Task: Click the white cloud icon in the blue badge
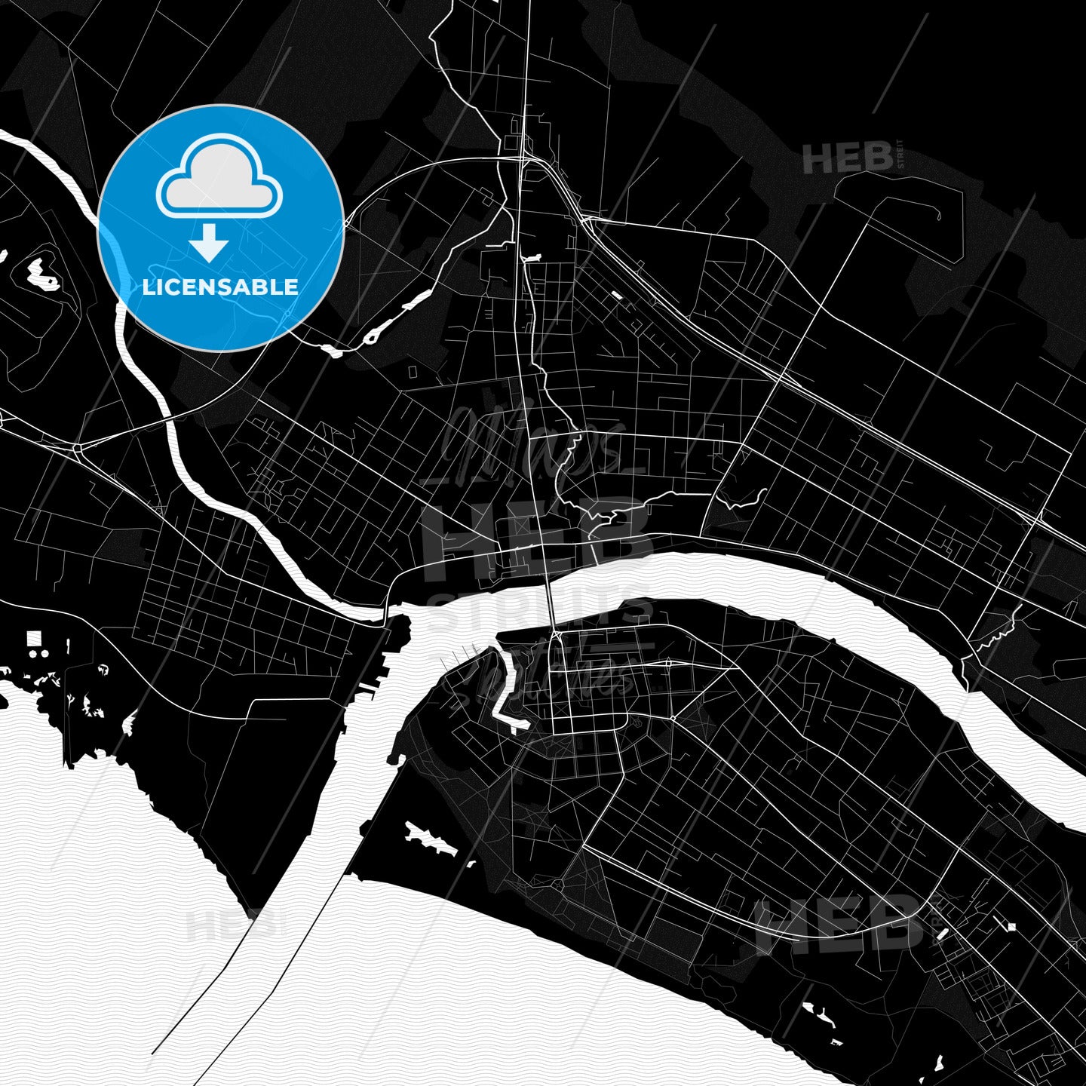pos(219,179)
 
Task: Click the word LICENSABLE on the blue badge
pos(220,287)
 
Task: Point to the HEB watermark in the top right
pos(848,158)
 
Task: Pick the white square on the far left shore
pos(34,639)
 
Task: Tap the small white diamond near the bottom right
pos(1011,926)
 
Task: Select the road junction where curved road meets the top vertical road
pos(526,158)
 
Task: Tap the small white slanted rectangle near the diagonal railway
pos(618,296)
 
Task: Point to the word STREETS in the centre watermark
pos(539,609)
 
